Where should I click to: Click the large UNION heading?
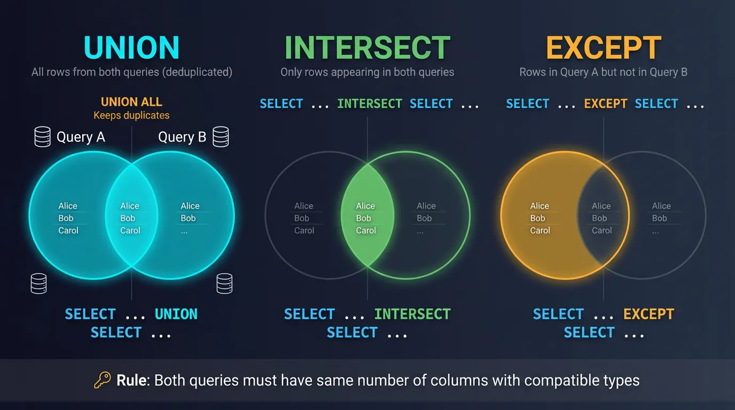tap(131, 48)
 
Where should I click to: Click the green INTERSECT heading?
tap(367, 48)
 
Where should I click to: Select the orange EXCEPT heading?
tap(604, 48)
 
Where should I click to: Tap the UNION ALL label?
tap(131, 102)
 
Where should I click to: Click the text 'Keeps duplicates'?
tap(131, 115)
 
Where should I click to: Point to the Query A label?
tap(81, 137)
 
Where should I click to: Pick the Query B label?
tap(182, 137)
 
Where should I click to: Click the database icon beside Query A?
tap(42, 137)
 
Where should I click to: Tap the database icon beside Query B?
tap(221, 137)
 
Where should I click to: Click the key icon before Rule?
tap(102, 380)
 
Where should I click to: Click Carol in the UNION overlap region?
tap(130, 231)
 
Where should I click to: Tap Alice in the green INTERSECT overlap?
tap(365, 206)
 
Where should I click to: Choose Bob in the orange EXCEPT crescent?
tap(537, 218)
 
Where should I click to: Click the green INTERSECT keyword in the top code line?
tap(370, 104)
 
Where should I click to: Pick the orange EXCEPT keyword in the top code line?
tap(605, 104)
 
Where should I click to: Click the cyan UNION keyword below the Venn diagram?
tap(176, 314)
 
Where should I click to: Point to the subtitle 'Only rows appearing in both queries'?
tap(367, 72)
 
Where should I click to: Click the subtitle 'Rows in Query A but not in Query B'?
tap(604, 72)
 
